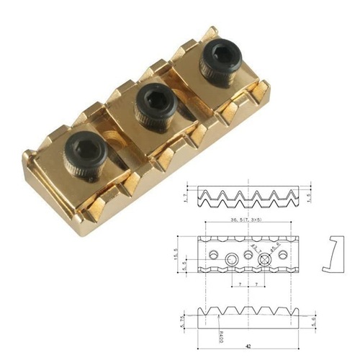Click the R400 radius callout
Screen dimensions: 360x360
click(x=204, y=333)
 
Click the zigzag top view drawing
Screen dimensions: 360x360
click(x=247, y=197)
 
